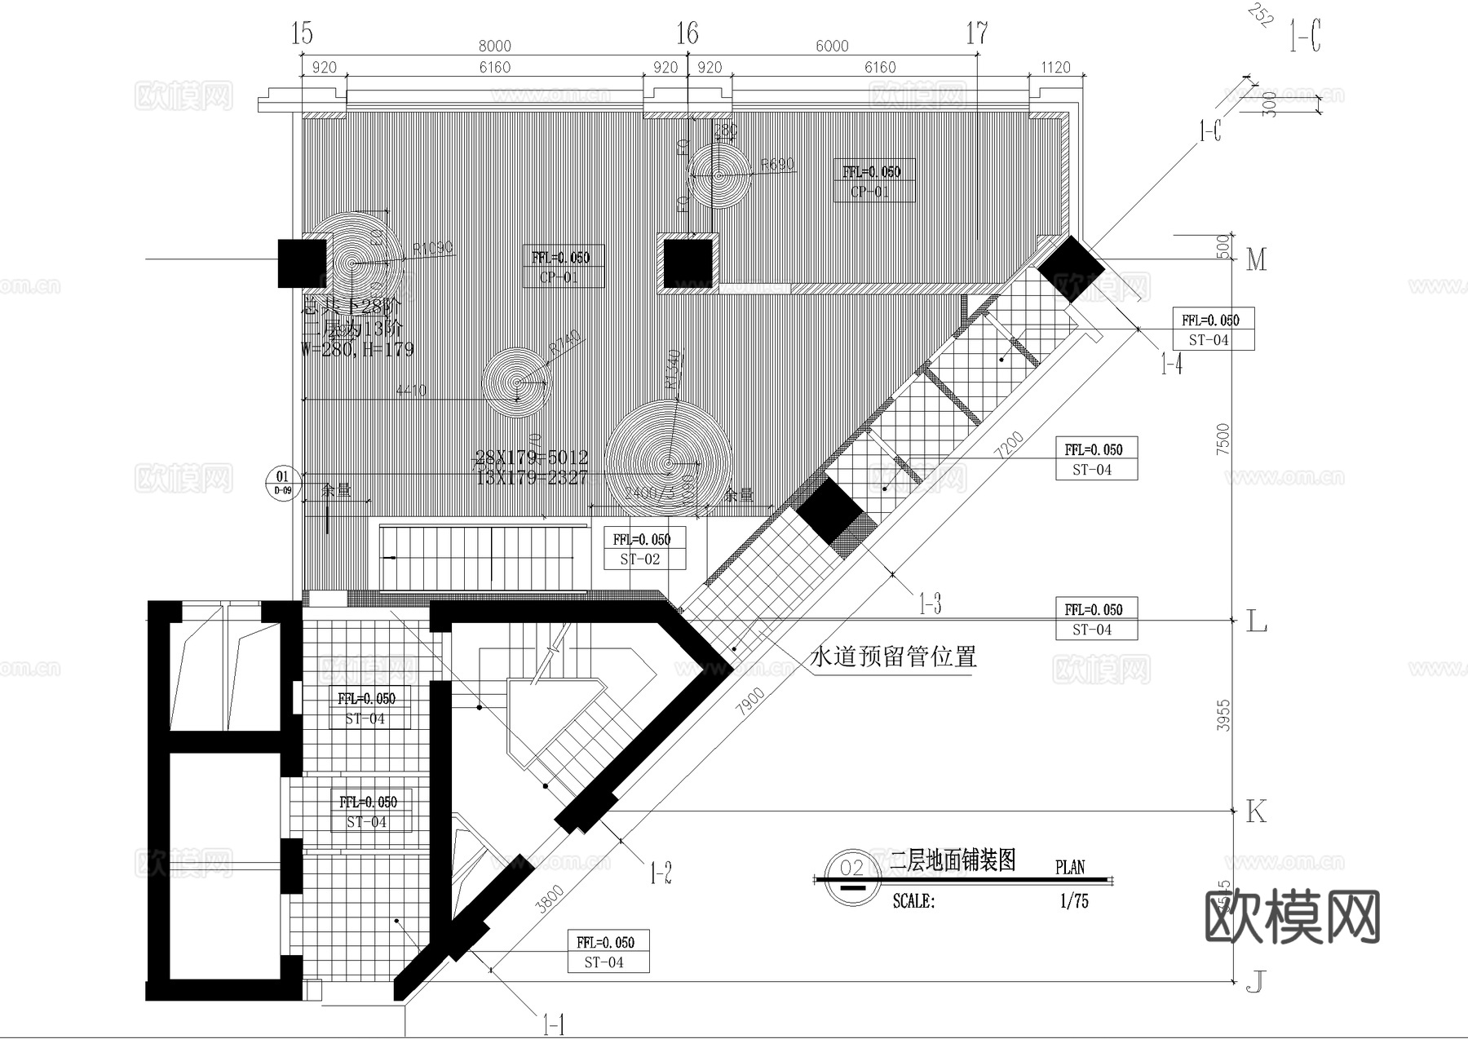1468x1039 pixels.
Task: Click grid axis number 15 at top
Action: [x=302, y=33]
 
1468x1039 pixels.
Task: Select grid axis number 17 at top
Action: [x=977, y=33]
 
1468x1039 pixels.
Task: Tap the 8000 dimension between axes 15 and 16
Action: [x=495, y=46]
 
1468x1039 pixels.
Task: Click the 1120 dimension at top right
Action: [x=1055, y=67]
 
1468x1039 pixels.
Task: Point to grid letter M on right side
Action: [x=1257, y=260]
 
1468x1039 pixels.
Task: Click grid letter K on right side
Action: [x=1256, y=811]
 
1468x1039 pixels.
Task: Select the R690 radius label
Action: [x=776, y=165]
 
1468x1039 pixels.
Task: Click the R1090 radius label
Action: [x=432, y=249]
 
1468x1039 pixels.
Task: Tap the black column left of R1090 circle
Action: [x=303, y=263]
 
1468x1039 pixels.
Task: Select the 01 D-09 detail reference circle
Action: [x=282, y=482]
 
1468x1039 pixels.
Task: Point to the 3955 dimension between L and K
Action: [x=1223, y=714]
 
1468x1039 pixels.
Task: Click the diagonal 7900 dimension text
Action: [x=750, y=701]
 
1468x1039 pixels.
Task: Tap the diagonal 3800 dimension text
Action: [x=552, y=900]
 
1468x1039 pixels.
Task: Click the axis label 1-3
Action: [x=930, y=604]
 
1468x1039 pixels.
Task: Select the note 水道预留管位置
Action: [x=893, y=657]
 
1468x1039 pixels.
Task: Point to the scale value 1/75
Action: [x=1074, y=901]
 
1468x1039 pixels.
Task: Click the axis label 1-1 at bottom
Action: [x=553, y=1024]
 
